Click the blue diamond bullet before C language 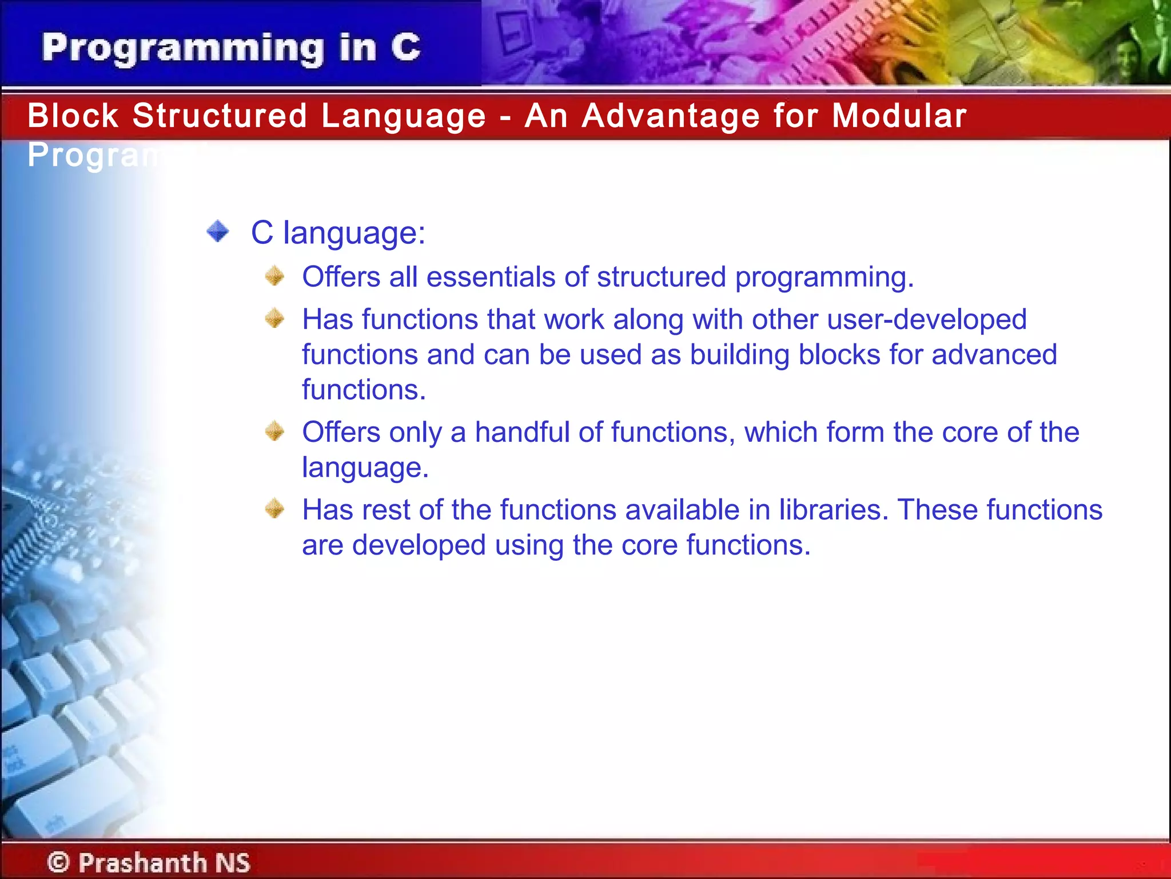pos(218,232)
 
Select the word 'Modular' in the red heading pos(899,116)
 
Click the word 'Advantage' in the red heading pos(671,116)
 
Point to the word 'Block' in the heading pos(73,116)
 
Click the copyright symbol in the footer pos(58,862)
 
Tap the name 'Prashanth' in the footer pos(142,862)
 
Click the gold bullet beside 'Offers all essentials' pos(275,276)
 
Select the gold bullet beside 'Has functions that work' pos(275,318)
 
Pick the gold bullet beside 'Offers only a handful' pos(275,431)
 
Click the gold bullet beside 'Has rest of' pos(275,508)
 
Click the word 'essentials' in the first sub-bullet pos(491,277)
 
